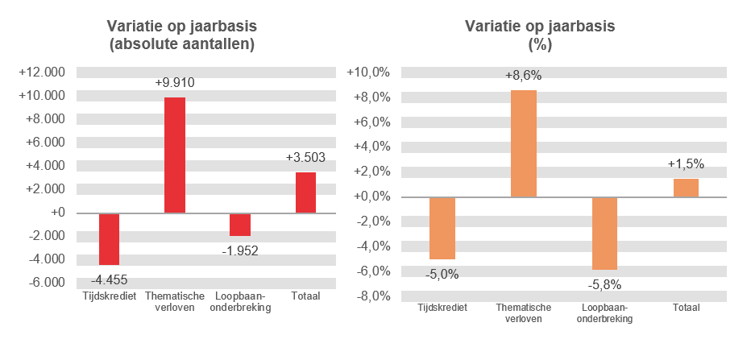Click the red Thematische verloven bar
click(x=175, y=155)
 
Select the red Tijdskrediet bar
click(x=109, y=239)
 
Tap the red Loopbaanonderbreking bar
click(x=240, y=225)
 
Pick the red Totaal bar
click(x=305, y=192)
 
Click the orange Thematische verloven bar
click(x=523, y=143)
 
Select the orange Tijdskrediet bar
click(x=442, y=228)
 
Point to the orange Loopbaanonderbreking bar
click(x=604, y=234)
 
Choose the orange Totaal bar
click(x=686, y=188)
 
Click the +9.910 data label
click(x=175, y=82)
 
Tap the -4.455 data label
click(x=109, y=279)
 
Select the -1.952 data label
click(x=240, y=250)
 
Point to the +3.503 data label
click(x=305, y=157)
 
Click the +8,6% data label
click(x=523, y=76)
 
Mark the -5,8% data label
click(x=604, y=283)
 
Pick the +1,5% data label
click(x=686, y=163)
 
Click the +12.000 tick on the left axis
click(x=41, y=72)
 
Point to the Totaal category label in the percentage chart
click(x=686, y=308)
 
